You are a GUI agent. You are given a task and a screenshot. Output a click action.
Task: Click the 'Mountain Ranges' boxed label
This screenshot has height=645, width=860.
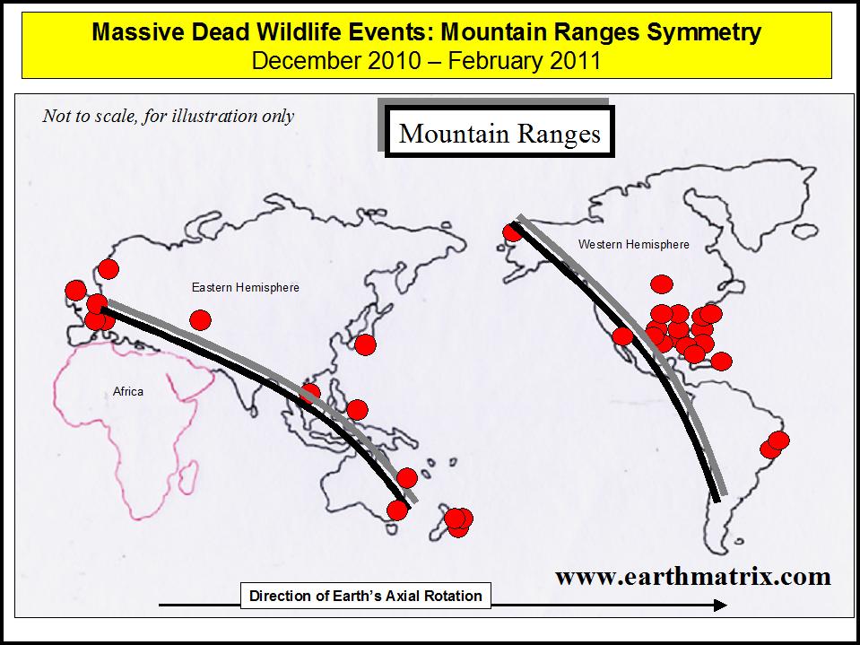click(x=499, y=132)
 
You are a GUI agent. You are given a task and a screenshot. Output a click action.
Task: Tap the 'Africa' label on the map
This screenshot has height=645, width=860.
click(x=128, y=392)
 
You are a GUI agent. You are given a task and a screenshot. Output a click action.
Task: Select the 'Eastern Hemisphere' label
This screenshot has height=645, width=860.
click(x=245, y=287)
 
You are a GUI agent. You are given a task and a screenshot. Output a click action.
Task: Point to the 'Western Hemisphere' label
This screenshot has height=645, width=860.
click(x=633, y=245)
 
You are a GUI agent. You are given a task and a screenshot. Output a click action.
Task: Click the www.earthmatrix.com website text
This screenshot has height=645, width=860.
click(x=692, y=577)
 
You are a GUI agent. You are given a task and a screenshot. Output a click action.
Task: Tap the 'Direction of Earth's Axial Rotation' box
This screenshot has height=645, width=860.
click(x=365, y=596)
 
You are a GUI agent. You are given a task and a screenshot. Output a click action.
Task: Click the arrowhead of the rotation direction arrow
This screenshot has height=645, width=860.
click(x=720, y=605)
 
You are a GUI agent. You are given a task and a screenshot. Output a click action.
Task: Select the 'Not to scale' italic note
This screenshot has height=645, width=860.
click(x=168, y=117)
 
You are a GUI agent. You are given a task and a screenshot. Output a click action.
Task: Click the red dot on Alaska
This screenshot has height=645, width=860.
click(x=512, y=231)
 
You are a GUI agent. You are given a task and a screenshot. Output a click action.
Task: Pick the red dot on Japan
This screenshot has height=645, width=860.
click(x=365, y=345)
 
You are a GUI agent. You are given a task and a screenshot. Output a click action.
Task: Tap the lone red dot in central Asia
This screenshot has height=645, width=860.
click(x=200, y=319)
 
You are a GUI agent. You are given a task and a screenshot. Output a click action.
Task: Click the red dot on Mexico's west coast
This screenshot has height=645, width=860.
click(x=622, y=336)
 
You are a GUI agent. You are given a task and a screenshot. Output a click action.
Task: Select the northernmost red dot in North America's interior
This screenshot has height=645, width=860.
click(x=662, y=284)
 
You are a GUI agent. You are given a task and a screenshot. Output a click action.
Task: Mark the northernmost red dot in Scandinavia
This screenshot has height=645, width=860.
click(x=108, y=269)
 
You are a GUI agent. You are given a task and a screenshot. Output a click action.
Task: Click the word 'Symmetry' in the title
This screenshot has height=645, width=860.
click(x=704, y=33)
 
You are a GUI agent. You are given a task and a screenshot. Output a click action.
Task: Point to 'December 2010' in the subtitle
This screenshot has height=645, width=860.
click(x=335, y=60)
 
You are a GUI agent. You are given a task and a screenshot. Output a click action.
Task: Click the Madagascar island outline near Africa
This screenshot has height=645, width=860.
click(x=187, y=476)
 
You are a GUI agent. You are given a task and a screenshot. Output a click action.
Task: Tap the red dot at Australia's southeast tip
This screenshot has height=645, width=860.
click(x=397, y=510)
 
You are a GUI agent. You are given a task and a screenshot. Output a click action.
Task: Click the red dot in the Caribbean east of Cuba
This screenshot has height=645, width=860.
click(x=721, y=362)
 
